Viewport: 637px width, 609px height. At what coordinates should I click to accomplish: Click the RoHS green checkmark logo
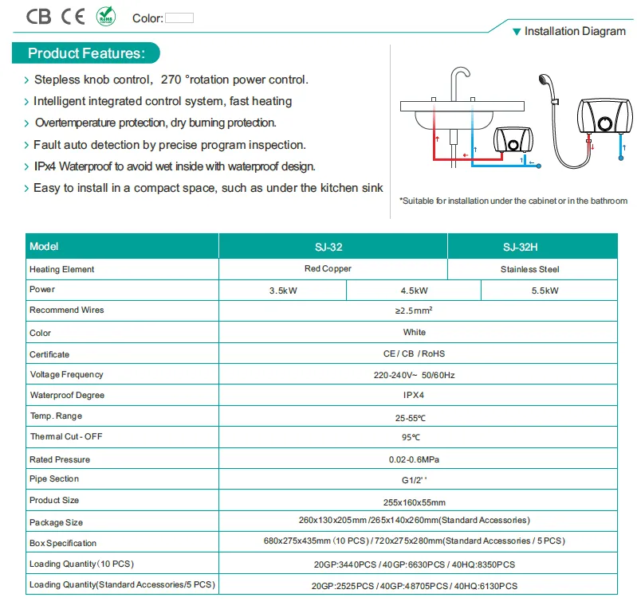point(105,16)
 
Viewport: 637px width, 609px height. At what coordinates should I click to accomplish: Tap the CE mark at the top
point(73,17)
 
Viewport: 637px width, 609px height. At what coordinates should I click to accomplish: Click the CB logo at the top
point(38,17)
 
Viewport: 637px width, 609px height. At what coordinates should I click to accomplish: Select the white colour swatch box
point(179,18)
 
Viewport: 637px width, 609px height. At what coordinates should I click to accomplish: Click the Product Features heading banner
point(86,53)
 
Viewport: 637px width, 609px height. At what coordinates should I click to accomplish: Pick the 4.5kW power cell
point(414,291)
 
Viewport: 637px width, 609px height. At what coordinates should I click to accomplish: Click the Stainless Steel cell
point(529,269)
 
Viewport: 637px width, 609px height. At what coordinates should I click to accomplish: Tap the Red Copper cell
point(328,268)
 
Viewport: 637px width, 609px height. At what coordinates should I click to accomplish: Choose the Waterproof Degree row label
point(67,395)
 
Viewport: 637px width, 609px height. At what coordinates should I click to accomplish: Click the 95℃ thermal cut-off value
point(411,437)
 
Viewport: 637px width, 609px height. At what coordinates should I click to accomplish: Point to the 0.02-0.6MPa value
point(414,459)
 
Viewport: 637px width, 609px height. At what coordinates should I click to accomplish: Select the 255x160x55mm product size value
point(414,502)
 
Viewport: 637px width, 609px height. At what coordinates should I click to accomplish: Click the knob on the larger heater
point(605,123)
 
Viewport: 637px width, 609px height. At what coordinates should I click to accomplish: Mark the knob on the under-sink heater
point(513,144)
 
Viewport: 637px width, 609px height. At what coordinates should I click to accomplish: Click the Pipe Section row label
point(54,478)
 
